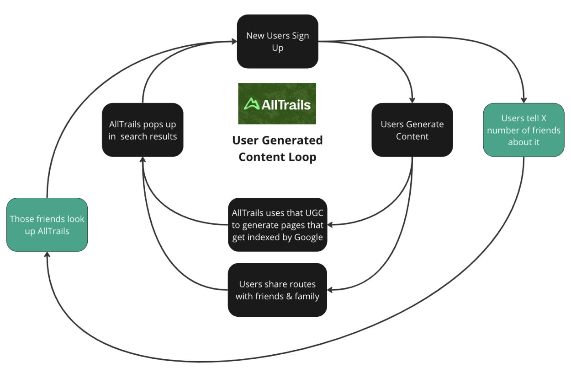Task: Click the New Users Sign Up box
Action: [x=277, y=42]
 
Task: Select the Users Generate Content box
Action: [x=412, y=130]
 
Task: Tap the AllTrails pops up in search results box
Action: [x=143, y=130]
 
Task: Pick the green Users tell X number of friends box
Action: [x=523, y=130]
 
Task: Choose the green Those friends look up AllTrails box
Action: [x=47, y=225]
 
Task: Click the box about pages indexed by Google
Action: [x=277, y=225]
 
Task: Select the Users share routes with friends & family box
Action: [x=277, y=290]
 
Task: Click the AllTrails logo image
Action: [x=277, y=103]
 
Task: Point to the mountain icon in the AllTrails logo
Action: [x=251, y=104]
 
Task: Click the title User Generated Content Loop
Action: [x=277, y=148]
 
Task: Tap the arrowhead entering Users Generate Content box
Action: [x=412, y=100]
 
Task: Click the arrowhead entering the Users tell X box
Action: [x=524, y=100]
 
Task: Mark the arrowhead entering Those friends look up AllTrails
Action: [x=47, y=255]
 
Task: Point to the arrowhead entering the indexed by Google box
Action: [x=330, y=224]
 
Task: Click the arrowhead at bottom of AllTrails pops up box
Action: [x=143, y=160]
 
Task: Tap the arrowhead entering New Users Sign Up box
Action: [x=234, y=42]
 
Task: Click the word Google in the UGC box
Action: [x=309, y=237]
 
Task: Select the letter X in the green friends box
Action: [x=544, y=118]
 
